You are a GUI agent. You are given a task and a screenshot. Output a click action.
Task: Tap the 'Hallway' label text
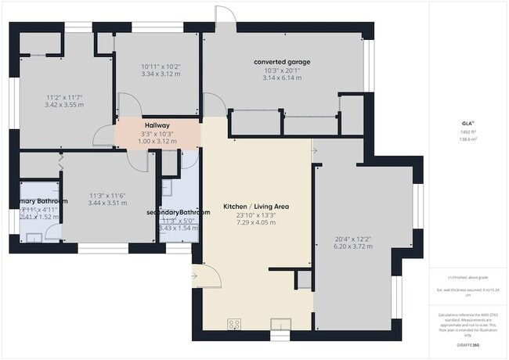point(157,124)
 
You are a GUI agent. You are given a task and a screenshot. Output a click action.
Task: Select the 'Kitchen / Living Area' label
point(256,207)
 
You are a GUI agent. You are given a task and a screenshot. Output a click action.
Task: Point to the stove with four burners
point(233,323)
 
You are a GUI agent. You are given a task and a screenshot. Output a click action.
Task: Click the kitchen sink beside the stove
point(280,323)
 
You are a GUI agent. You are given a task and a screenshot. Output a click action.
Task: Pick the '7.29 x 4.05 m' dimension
point(256,223)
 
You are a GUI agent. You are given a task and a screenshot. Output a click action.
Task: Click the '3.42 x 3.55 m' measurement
point(64,104)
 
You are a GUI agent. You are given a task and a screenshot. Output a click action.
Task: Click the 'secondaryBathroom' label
point(179,212)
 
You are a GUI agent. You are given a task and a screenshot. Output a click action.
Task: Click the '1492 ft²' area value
point(465,132)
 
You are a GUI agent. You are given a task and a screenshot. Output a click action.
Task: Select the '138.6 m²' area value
point(465,139)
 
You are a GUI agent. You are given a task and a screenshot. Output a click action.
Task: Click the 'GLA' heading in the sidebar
point(465,123)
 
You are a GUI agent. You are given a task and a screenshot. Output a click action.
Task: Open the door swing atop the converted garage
point(224,16)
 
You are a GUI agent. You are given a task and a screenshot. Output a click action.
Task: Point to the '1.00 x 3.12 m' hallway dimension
point(157,141)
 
